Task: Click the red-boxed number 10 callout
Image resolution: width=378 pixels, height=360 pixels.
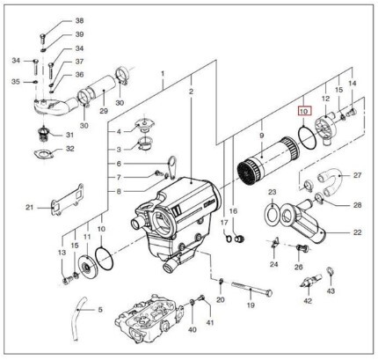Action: (x=305, y=111)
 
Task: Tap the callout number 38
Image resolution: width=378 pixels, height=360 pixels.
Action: (x=79, y=20)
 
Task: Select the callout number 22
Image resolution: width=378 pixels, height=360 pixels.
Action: (x=357, y=232)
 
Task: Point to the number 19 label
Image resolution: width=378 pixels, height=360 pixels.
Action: (x=251, y=305)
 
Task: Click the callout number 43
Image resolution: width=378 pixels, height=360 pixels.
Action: (x=331, y=291)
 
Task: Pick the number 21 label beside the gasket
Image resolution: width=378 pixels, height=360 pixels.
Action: (x=29, y=208)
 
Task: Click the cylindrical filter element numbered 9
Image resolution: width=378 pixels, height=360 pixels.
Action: (x=269, y=157)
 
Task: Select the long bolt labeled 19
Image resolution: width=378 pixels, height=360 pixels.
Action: (x=251, y=288)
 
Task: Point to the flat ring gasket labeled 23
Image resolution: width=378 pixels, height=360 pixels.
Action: (x=273, y=212)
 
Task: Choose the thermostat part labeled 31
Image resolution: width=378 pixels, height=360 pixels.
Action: (x=45, y=136)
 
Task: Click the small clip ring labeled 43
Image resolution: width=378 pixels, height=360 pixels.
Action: (x=330, y=271)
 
